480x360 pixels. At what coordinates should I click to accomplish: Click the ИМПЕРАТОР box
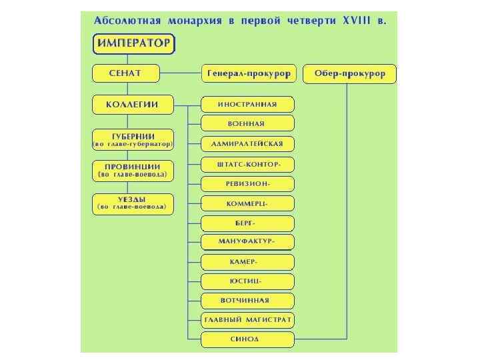(133, 45)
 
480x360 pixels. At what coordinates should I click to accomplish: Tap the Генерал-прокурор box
(248, 74)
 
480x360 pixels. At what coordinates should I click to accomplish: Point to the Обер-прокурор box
(349, 74)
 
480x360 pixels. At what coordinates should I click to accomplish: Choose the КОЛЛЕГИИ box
(133, 105)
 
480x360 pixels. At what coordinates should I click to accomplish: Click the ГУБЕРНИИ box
(133, 139)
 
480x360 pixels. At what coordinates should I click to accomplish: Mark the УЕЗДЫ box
(133, 203)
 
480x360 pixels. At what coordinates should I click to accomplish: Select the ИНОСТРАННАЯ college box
(247, 105)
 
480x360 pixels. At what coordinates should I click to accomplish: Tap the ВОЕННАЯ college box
(247, 123)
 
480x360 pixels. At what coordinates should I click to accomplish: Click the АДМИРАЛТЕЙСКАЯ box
(247, 143)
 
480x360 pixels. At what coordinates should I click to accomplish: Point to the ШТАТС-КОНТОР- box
(247, 164)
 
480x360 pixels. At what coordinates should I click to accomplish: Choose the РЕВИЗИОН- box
(247, 183)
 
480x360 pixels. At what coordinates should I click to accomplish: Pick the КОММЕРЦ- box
(247, 203)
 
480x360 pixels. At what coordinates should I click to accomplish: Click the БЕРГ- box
(247, 223)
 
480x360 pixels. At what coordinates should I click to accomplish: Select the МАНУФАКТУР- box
(247, 241)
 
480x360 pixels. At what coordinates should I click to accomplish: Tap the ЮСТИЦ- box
(247, 281)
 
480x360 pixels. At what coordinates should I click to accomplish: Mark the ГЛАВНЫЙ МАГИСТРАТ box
(247, 320)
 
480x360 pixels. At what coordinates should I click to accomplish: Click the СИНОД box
(247, 339)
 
